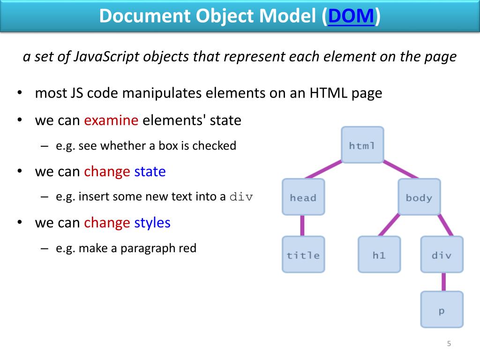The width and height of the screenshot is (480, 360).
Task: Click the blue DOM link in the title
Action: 352,16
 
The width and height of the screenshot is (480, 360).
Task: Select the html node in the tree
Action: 362,145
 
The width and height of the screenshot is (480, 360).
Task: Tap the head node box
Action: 303,197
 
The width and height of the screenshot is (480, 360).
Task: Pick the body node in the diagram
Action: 419,197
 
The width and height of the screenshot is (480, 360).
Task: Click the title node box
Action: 303,255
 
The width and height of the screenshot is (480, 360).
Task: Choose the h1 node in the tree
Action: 379,255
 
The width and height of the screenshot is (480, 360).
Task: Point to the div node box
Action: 442,255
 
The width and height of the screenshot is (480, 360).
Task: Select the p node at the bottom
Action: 442,310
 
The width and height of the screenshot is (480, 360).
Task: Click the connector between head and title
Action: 303,226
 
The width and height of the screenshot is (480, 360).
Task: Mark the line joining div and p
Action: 442,282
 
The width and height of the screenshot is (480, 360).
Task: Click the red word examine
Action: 111,120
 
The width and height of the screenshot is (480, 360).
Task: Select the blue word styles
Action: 152,222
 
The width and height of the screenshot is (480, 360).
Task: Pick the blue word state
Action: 150,172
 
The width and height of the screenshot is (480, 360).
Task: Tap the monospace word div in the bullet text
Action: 241,197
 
